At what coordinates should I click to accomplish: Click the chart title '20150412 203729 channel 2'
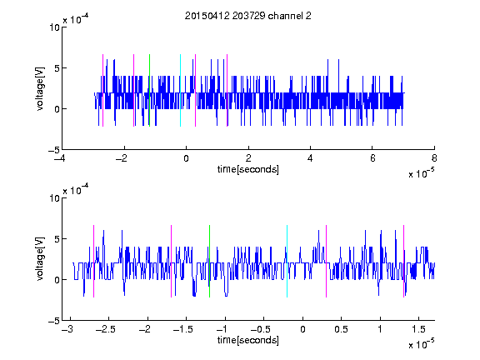248,16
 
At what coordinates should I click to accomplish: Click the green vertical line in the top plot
149,90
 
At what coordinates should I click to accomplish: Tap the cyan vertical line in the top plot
180,90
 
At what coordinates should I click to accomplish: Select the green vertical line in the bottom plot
209,261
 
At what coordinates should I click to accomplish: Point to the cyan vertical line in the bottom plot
287,261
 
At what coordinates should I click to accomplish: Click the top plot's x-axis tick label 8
434,158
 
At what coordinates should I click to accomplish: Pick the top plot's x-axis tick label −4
60,158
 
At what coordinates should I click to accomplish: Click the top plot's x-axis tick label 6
372,158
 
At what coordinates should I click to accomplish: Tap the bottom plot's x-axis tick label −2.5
106,329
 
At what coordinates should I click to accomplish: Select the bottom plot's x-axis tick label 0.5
341,329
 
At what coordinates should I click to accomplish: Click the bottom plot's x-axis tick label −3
67,329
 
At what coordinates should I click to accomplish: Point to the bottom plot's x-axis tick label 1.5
419,329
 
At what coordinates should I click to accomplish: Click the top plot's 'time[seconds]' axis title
248,169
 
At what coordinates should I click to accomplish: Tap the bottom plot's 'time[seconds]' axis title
248,340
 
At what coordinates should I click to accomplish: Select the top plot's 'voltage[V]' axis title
40,89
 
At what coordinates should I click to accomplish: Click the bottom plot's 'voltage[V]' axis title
40,259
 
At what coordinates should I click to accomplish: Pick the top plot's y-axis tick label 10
54,27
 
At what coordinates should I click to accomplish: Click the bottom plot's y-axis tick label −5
54,321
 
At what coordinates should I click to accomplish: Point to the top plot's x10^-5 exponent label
421,173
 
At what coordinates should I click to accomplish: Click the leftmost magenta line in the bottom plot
93,261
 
